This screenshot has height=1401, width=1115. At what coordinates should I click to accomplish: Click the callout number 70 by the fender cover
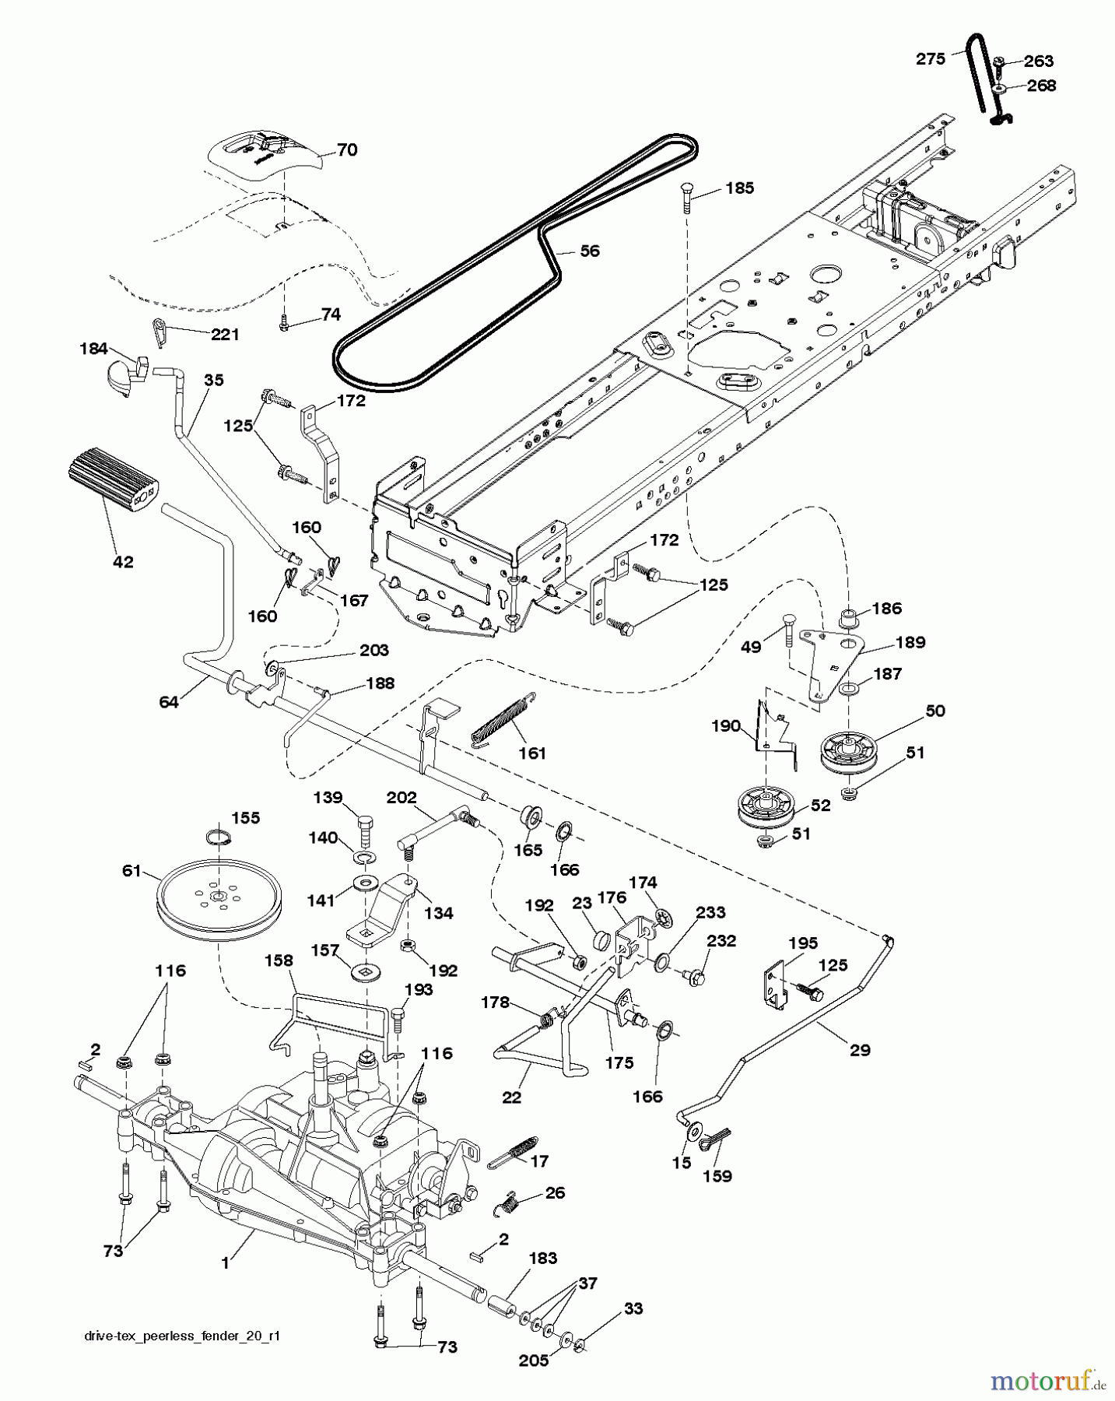347,150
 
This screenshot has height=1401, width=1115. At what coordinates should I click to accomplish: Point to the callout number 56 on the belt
590,251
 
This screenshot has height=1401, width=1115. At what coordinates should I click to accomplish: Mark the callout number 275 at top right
931,58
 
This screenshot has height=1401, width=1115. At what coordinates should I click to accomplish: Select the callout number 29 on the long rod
860,1050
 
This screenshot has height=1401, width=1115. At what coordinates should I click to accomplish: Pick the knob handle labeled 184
126,376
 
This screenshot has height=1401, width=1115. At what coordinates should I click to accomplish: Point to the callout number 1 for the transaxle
226,1264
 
